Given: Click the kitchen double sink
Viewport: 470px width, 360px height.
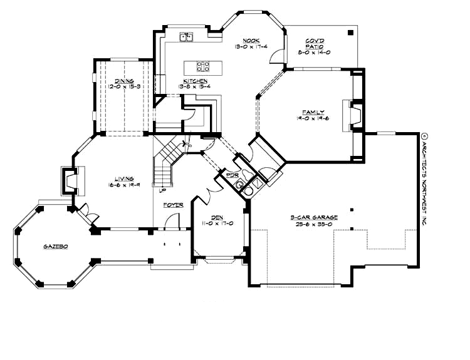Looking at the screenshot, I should click(x=186, y=38).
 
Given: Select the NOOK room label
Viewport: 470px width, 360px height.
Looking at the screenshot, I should click(x=243, y=40).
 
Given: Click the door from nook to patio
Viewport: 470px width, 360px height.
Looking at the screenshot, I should click(x=274, y=58).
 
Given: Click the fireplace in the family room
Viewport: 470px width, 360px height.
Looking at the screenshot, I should click(x=353, y=115).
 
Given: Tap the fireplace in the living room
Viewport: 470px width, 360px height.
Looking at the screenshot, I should click(x=67, y=182).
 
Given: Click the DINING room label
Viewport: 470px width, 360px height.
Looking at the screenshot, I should click(x=123, y=81).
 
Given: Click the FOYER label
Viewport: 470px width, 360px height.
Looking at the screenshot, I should click(x=173, y=205).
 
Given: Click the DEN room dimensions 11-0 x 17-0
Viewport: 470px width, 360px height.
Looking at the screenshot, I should click(x=217, y=224).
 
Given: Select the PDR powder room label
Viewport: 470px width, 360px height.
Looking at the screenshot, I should click(x=232, y=177).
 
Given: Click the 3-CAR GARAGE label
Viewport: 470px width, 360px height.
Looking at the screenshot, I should click(x=314, y=217).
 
